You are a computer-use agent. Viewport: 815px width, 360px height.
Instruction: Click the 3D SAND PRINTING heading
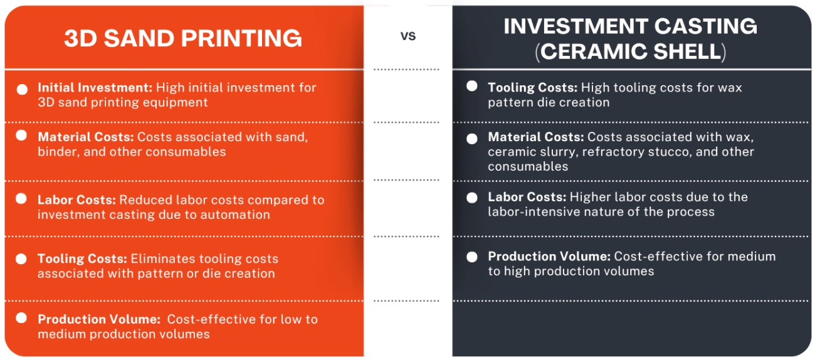coord(183,39)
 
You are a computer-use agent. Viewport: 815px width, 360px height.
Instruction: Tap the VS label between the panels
coord(408,36)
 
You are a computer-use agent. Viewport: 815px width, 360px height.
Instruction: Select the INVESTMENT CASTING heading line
coord(630,26)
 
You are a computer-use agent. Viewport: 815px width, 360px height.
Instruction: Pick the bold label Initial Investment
coord(95,88)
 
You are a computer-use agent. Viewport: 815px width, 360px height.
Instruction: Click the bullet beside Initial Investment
coord(22,89)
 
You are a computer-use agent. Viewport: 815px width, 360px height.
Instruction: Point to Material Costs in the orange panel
coord(86,137)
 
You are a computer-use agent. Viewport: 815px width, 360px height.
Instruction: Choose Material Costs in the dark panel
coord(536,137)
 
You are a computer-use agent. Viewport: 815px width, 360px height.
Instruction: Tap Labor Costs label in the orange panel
coord(76,200)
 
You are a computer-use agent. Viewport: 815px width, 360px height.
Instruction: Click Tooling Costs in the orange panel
coord(83,259)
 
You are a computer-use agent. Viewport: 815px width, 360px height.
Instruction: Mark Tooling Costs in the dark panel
coord(533,88)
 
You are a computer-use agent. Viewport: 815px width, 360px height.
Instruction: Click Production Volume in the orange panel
coord(98,319)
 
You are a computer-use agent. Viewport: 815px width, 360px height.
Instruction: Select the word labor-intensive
coord(533,212)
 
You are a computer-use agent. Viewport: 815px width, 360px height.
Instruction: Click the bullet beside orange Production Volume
coord(22,318)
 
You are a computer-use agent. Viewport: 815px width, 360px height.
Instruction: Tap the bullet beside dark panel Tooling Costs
coord(472,87)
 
